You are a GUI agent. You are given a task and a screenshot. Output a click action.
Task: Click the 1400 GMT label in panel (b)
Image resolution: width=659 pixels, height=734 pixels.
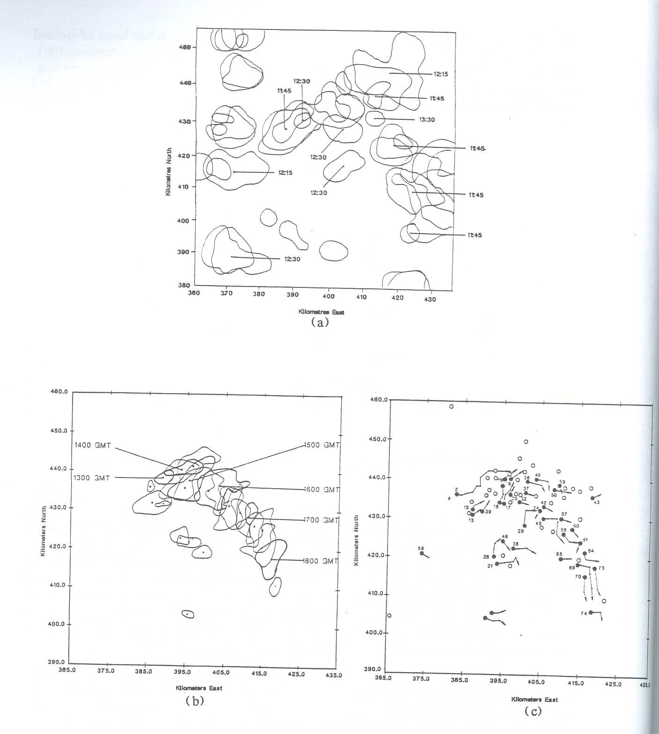point(92,445)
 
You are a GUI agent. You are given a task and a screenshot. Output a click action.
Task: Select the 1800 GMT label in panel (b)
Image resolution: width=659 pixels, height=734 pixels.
point(321,561)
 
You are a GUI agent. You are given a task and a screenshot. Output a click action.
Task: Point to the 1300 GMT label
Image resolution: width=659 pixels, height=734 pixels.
point(92,478)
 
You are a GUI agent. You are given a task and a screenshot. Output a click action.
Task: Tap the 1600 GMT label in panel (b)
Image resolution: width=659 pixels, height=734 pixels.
point(321,490)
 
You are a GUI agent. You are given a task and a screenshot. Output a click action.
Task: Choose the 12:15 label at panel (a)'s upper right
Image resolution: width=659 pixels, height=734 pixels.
point(440,74)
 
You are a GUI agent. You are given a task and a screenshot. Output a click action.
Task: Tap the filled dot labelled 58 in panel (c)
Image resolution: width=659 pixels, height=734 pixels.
point(422,553)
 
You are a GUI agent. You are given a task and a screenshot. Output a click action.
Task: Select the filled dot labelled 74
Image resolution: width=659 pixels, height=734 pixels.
point(591,612)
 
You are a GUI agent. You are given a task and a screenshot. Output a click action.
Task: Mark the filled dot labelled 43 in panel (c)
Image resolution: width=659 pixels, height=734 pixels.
point(593,498)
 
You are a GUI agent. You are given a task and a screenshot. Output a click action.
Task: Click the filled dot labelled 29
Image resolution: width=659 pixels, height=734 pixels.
point(525,526)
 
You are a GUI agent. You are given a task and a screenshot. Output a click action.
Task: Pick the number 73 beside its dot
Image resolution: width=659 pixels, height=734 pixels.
point(601,568)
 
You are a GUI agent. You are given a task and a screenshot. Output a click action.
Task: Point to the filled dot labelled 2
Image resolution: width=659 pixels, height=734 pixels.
point(457,494)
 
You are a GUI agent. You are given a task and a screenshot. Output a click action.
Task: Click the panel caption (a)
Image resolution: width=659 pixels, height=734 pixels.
point(320,322)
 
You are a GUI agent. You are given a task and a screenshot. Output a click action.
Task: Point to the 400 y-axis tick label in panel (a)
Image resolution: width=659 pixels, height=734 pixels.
point(183,220)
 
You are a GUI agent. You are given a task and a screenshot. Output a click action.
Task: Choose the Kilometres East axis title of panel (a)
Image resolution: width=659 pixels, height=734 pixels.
point(321,312)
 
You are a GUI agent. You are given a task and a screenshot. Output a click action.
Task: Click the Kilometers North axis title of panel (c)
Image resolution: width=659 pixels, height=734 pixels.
point(357,540)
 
